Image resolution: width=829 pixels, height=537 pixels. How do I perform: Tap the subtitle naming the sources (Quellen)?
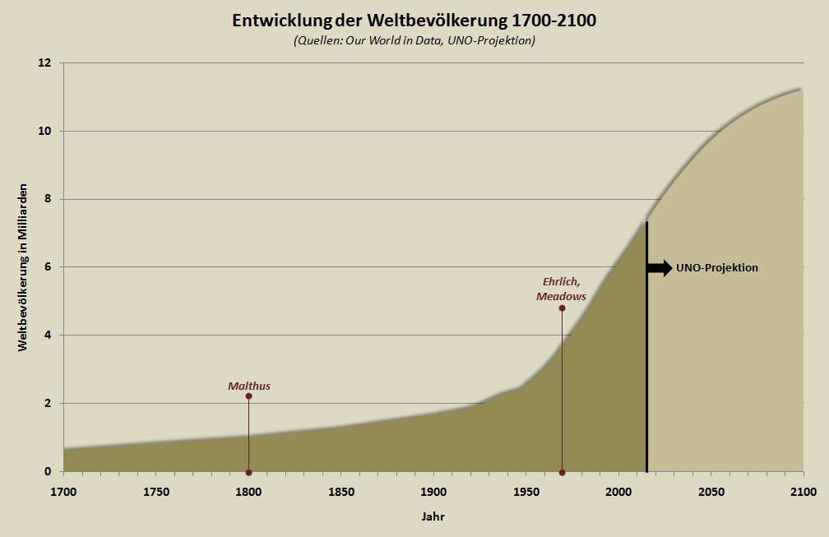[x=414, y=41]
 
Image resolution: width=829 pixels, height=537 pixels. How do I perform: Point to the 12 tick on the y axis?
[x=45, y=63]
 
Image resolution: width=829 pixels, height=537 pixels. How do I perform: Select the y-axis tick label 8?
[x=48, y=199]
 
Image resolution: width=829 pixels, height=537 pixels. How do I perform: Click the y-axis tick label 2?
[x=48, y=403]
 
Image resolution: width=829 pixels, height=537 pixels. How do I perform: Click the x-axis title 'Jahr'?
[x=433, y=516]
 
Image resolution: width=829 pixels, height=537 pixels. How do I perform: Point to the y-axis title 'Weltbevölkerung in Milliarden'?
[x=23, y=268]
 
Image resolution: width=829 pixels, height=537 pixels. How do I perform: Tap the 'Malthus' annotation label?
[x=249, y=386]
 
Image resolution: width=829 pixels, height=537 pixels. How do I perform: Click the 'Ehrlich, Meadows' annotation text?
[x=562, y=289]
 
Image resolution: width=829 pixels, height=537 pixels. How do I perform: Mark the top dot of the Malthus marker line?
[x=248, y=396]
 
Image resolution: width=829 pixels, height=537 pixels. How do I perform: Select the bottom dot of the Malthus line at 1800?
[x=248, y=472]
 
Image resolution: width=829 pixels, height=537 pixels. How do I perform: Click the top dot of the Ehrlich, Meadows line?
[x=562, y=308]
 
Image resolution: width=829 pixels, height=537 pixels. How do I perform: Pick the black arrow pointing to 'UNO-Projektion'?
[x=660, y=267]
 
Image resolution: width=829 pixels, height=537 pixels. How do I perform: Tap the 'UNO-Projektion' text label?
[x=717, y=267]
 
